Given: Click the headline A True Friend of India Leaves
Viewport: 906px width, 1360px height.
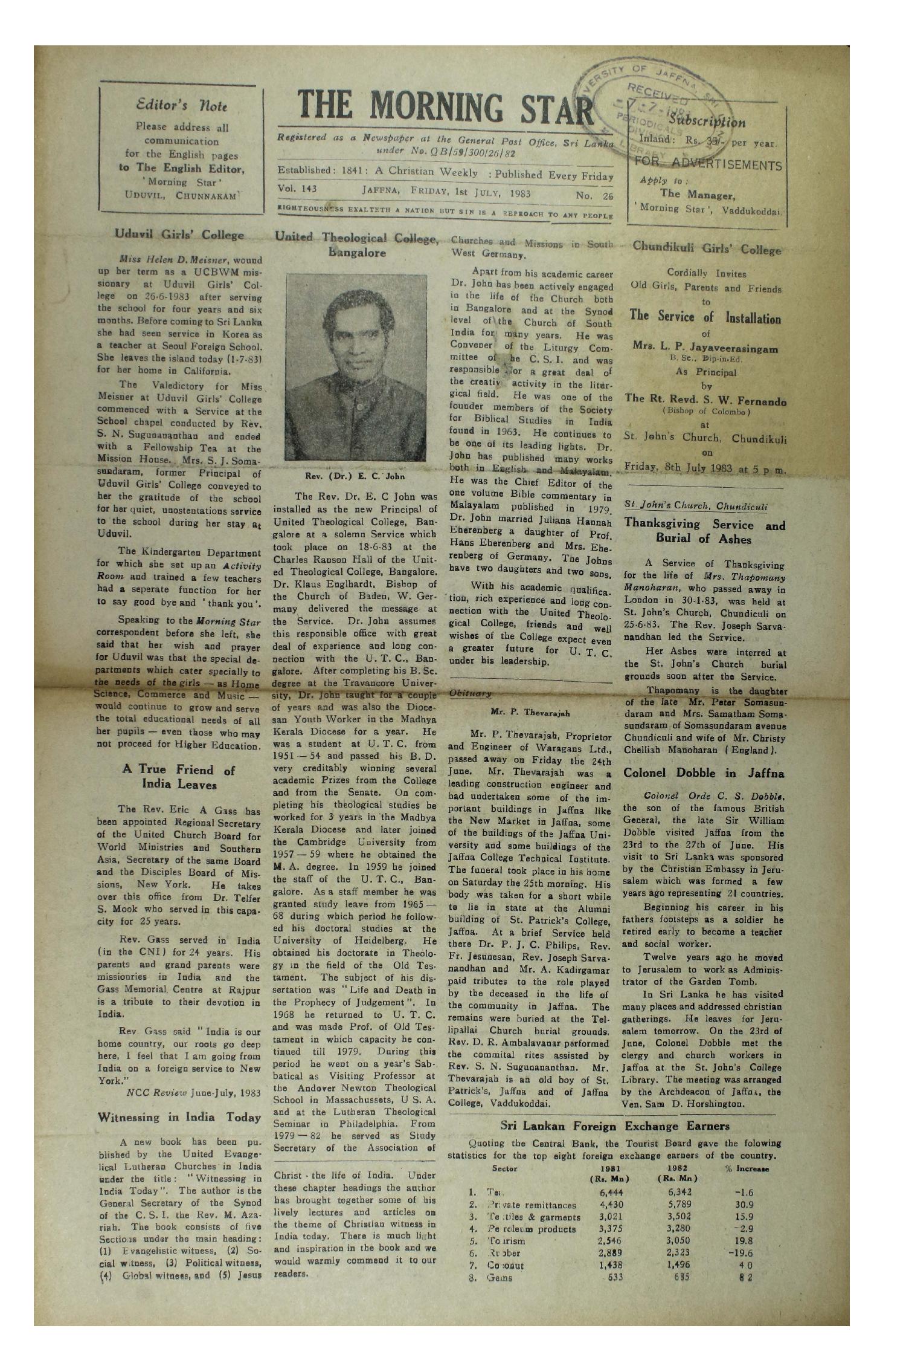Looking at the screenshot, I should (x=179, y=777).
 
